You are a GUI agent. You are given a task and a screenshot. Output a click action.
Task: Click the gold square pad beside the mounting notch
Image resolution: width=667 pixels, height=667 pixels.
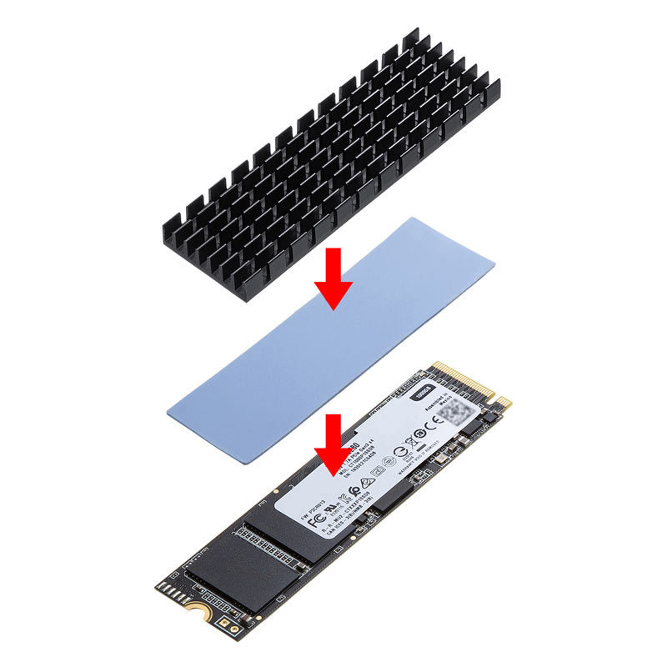point(223,623)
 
